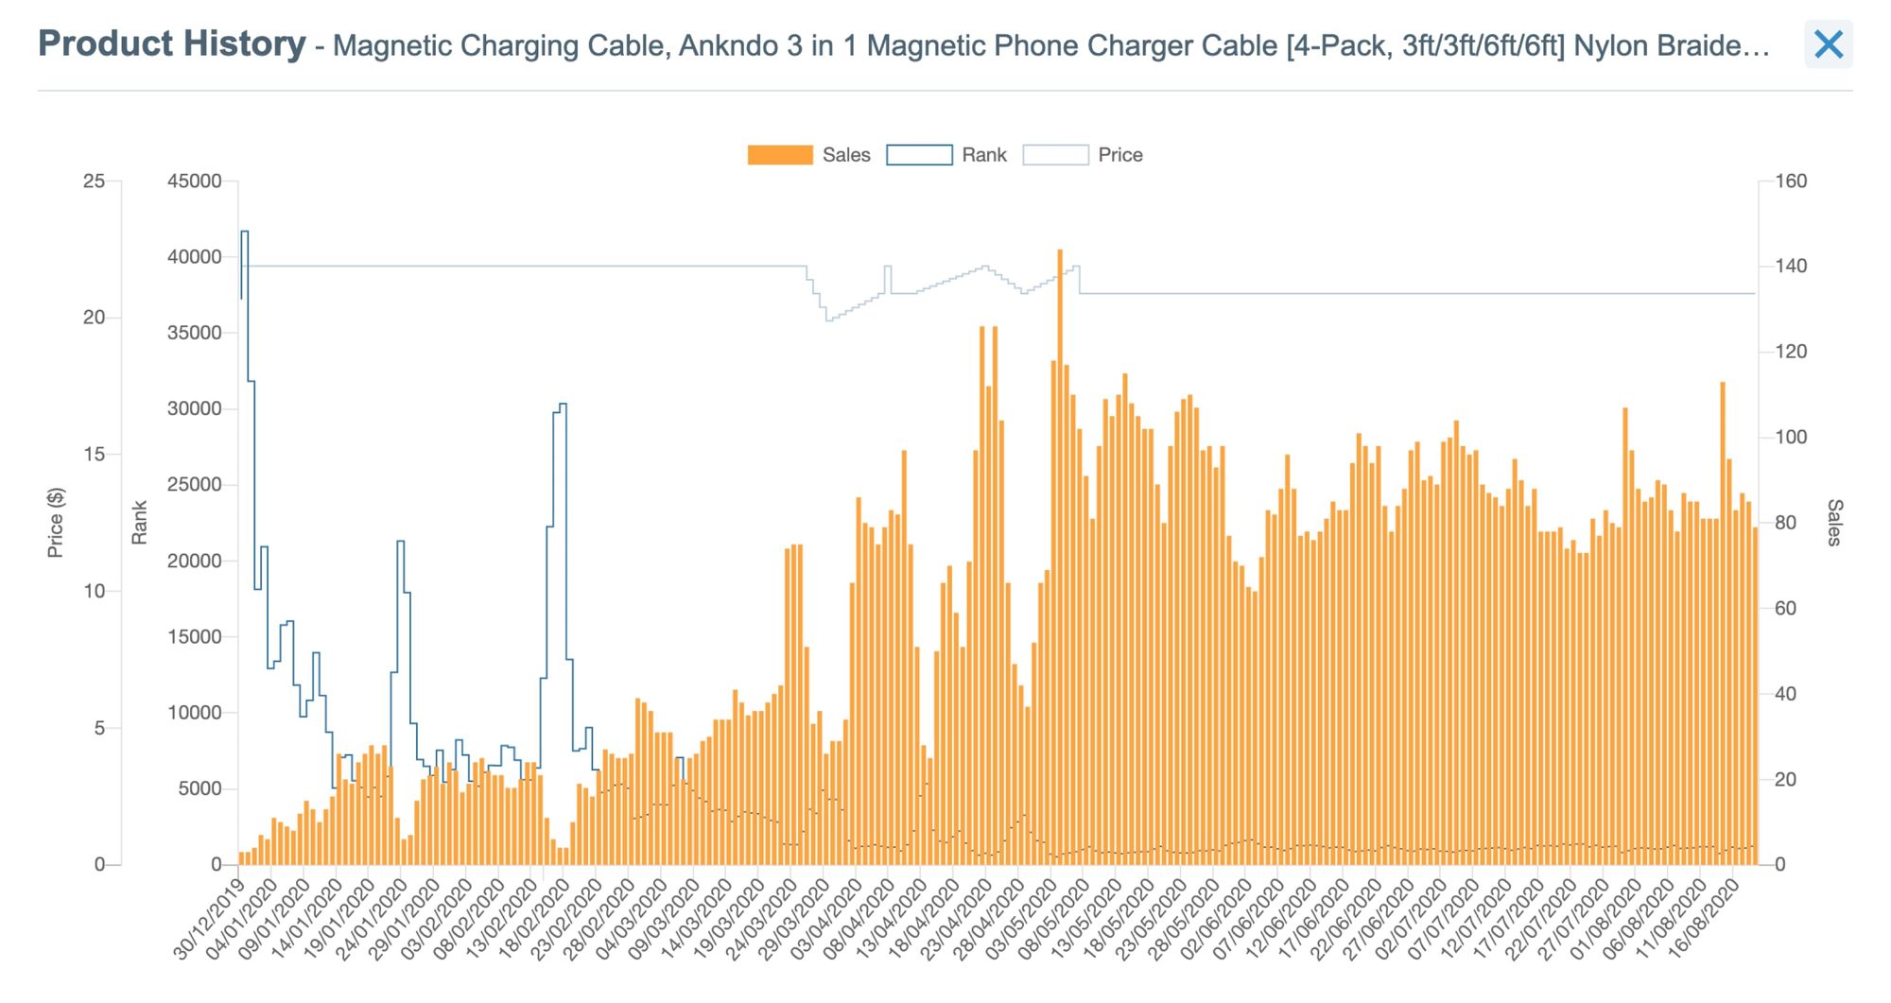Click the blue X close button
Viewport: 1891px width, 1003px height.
click(x=1828, y=44)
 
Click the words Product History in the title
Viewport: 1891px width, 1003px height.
click(x=172, y=43)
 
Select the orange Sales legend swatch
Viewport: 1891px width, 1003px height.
click(x=779, y=155)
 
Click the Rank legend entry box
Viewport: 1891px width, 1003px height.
click(x=919, y=155)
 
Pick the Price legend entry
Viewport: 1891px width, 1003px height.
click(x=1055, y=155)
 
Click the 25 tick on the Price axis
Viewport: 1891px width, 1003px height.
click(x=94, y=182)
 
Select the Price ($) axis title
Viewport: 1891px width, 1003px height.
click(x=56, y=523)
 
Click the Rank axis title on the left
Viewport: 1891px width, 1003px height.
click(x=140, y=523)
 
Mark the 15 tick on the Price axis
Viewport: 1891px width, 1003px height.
click(x=94, y=455)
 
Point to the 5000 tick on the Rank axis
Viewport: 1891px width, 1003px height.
click(x=199, y=789)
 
